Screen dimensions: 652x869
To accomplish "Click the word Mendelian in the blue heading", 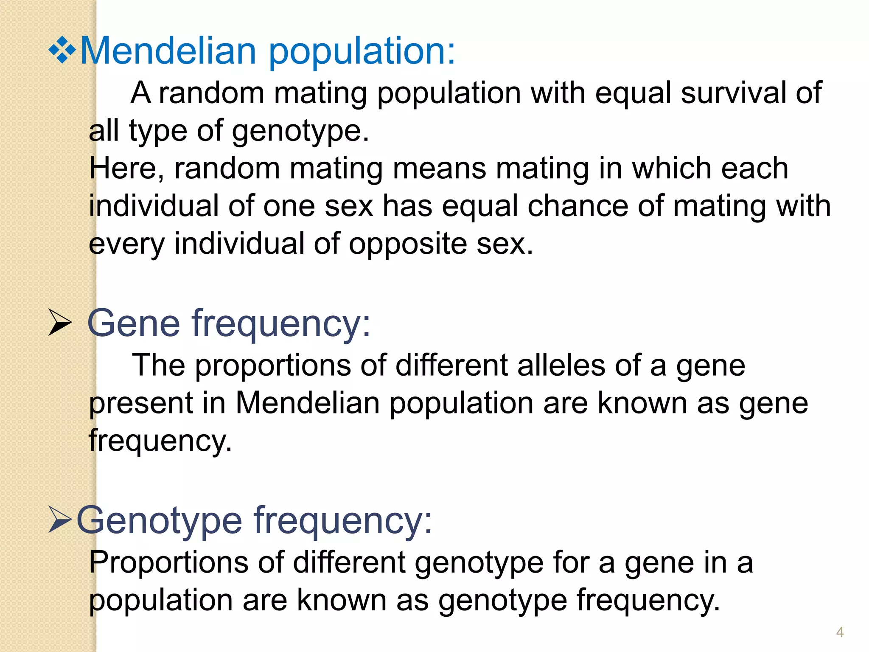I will [x=168, y=51].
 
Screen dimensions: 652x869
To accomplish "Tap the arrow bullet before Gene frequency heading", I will [x=59, y=323].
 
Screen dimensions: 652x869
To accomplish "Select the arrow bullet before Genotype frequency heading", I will [x=60, y=520].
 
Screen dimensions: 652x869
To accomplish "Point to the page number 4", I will [x=840, y=632].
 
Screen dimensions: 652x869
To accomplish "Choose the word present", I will [x=141, y=404].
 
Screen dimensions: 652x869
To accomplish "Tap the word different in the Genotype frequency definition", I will [x=349, y=562].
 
